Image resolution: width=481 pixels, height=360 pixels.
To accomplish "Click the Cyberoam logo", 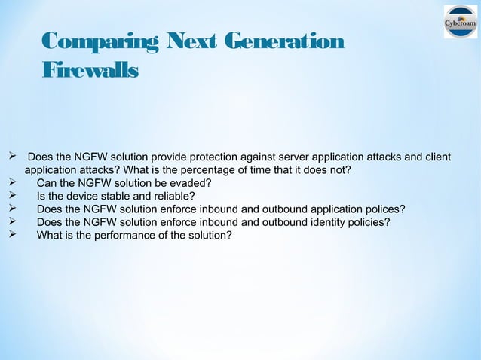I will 460,22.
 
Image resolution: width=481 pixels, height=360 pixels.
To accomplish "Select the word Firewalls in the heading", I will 90,72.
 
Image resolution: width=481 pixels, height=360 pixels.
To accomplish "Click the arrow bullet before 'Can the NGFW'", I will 11,183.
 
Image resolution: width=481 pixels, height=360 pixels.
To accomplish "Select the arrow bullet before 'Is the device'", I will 11,196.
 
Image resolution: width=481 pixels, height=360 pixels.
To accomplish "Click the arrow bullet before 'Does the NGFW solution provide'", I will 11,157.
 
